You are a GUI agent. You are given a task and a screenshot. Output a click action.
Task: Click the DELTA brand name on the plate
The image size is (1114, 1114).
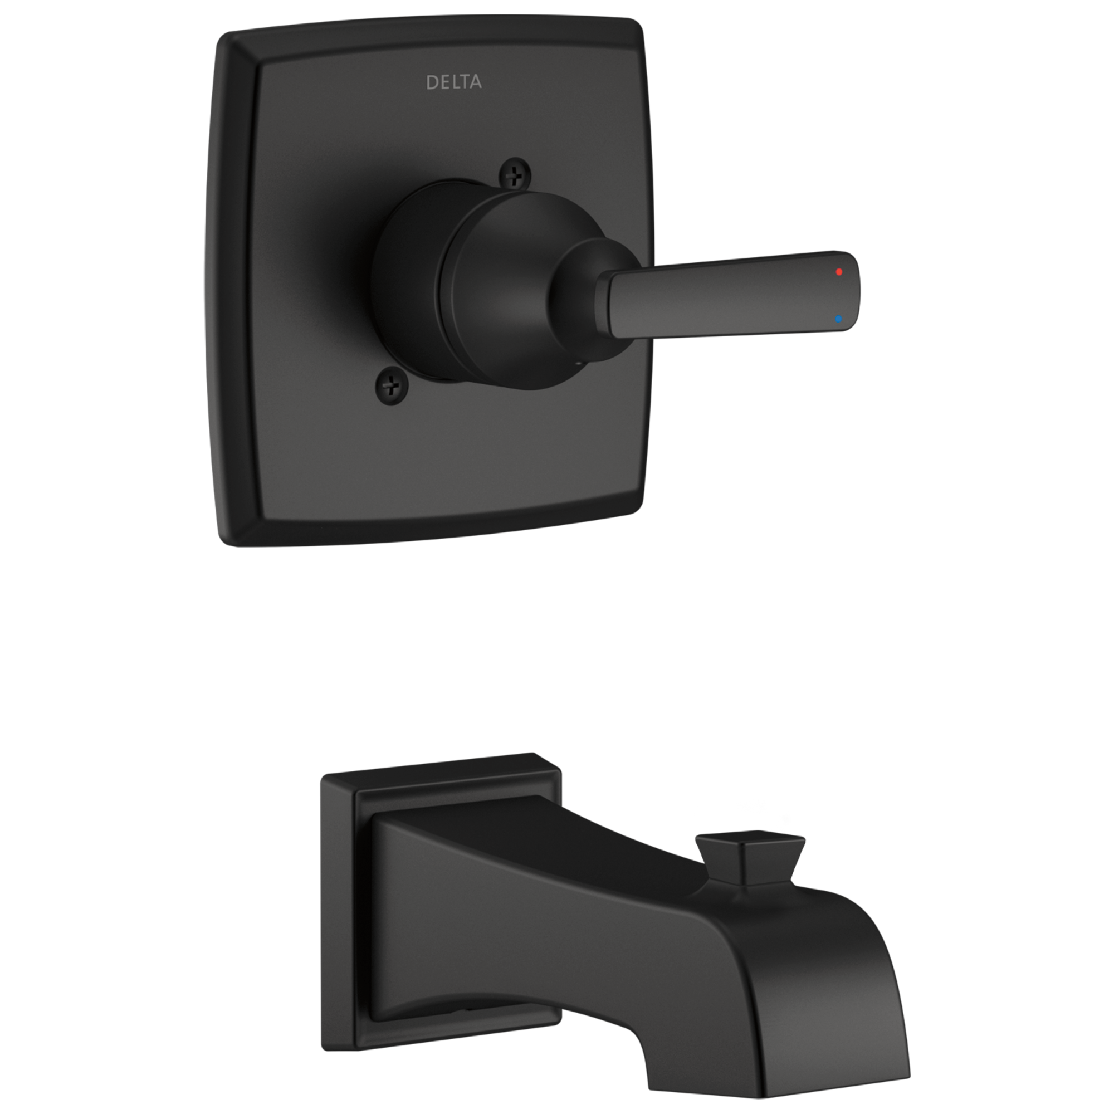pos(454,82)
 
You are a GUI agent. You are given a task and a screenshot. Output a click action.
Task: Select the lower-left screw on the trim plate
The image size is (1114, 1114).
pos(392,382)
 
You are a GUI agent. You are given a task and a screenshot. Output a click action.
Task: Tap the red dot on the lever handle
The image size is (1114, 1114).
pos(839,272)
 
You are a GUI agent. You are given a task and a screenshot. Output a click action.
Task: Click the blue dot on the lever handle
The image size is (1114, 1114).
pos(838,318)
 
